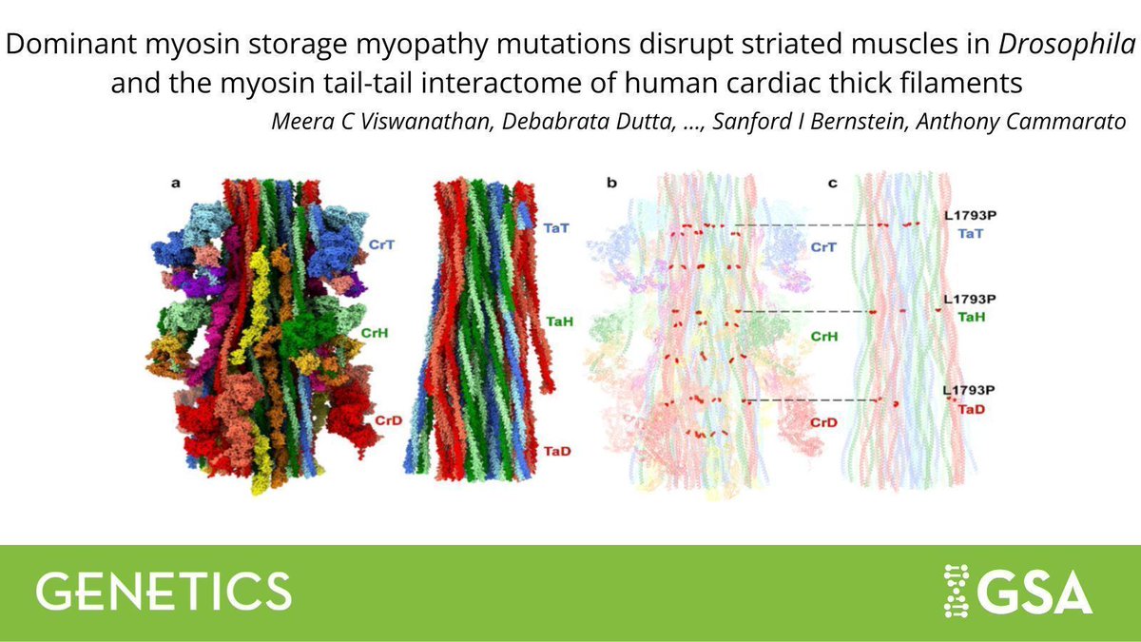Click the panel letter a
click(176, 184)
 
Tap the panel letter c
click(832, 184)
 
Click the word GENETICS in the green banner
click(164, 591)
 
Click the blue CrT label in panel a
click(377, 245)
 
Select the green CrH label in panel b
click(824, 337)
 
